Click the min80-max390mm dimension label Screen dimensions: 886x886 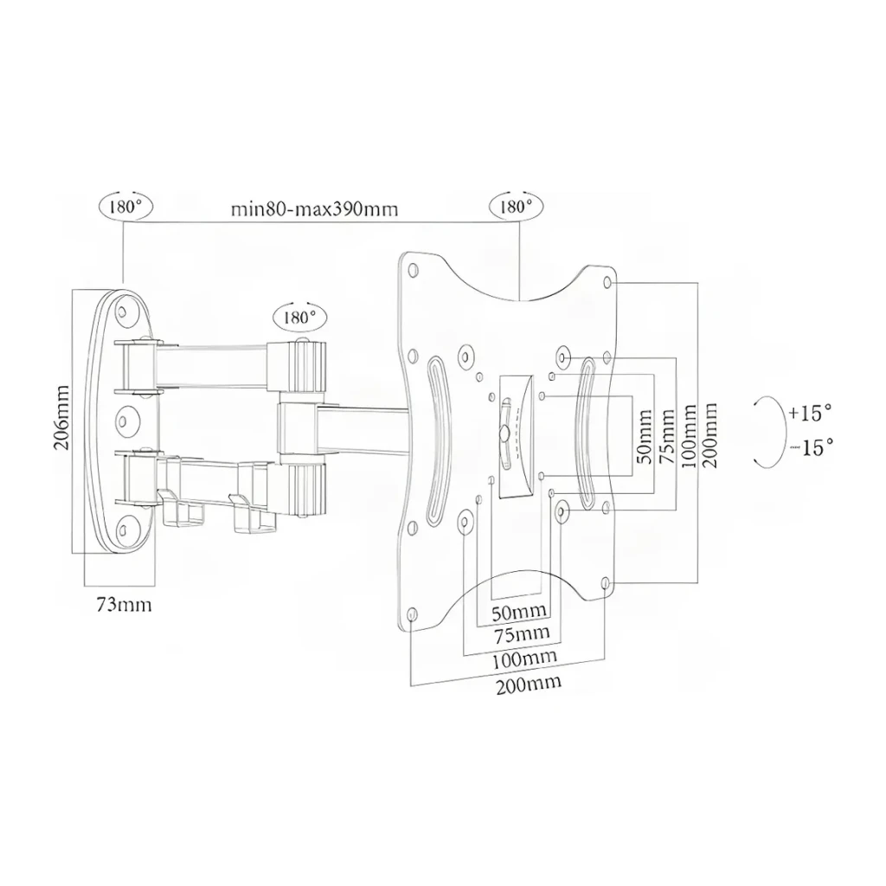tap(314, 209)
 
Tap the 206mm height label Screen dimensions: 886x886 tap(62, 418)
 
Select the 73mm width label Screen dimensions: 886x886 tap(124, 605)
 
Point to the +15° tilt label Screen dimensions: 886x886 tap(810, 413)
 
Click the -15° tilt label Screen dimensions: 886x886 tap(812, 448)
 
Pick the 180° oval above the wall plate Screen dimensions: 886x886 tap(125, 207)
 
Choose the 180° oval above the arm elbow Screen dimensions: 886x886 tap(299, 317)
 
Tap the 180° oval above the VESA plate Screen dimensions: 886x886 tap(516, 207)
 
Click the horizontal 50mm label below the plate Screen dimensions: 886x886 tap(519, 612)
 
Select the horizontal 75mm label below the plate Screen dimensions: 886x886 tap(522, 634)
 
